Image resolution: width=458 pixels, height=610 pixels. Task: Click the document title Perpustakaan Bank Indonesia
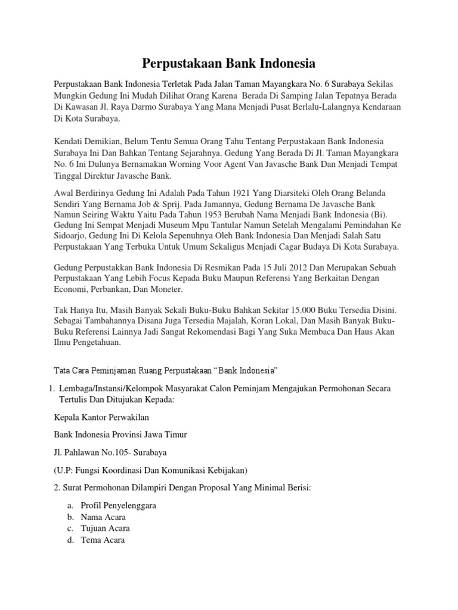pyautogui.click(x=229, y=63)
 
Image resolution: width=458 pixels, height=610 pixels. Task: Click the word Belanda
pyautogui.click(x=369, y=194)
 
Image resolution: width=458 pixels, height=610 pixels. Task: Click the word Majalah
pyautogui.click(x=219, y=322)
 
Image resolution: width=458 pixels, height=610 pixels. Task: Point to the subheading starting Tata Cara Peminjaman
pyautogui.click(x=166, y=370)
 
